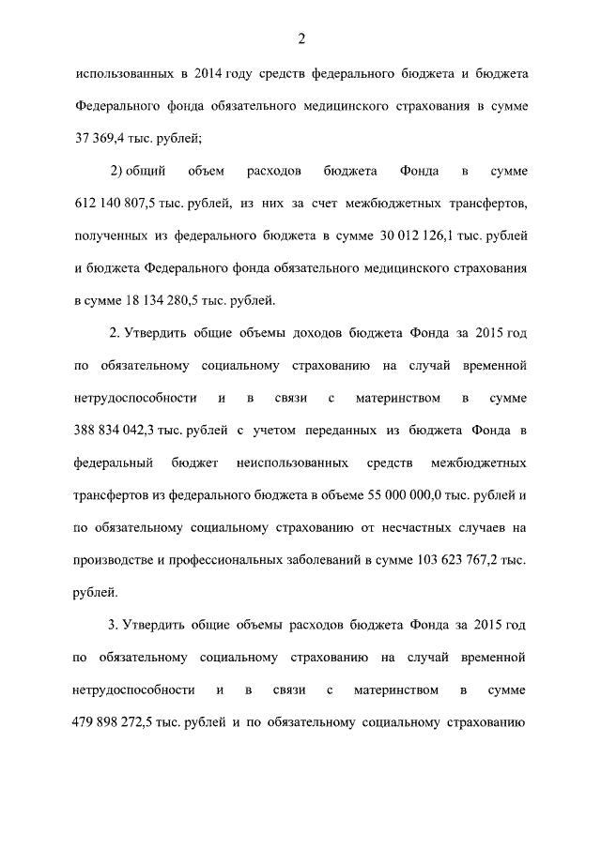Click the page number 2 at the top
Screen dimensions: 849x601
pyautogui.click(x=300, y=38)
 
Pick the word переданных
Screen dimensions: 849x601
pyautogui.click(x=321, y=431)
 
